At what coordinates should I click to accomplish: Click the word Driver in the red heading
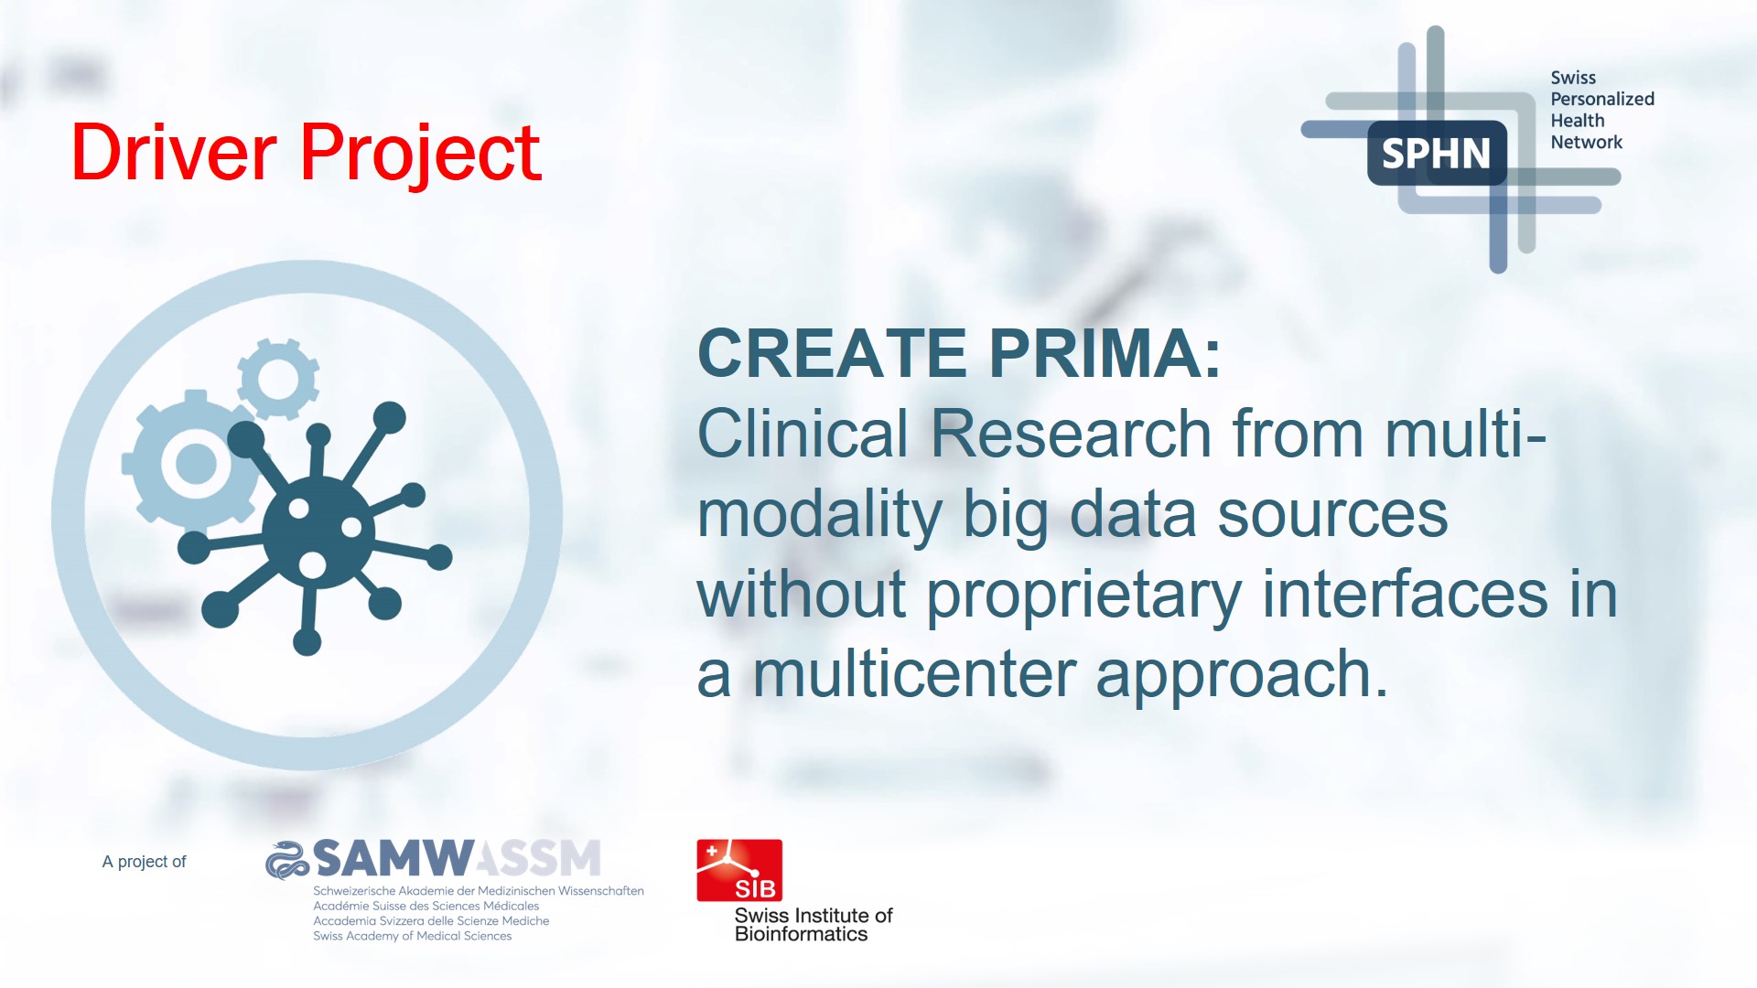(x=174, y=152)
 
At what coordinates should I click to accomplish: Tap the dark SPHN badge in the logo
(x=1437, y=153)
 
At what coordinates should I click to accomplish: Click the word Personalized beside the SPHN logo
(x=1602, y=99)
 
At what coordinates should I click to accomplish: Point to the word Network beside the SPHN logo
(x=1586, y=142)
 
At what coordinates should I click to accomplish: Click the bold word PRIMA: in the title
(x=1105, y=353)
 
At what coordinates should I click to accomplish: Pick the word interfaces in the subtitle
(x=1405, y=594)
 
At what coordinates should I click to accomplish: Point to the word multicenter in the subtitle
(x=914, y=674)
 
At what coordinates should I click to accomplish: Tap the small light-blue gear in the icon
(x=278, y=379)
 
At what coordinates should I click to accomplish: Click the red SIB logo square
(x=739, y=870)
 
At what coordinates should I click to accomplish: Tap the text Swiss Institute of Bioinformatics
(x=814, y=925)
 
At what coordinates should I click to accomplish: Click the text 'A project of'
(x=144, y=862)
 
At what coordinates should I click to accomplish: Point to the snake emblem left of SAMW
(x=286, y=859)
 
